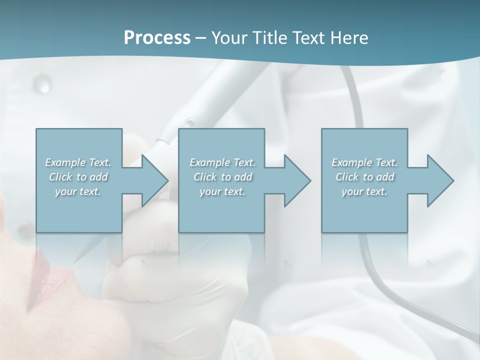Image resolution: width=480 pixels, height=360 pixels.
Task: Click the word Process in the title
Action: pos(157,38)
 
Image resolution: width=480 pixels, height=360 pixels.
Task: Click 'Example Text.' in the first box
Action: pos(78,162)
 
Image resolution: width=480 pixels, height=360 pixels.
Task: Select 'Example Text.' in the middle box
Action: pos(222,162)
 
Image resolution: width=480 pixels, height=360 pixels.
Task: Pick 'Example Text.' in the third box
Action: pos(364,162)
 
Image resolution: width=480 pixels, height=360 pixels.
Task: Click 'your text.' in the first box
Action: pos(78,192)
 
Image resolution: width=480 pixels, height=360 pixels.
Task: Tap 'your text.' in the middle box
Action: pos(222,192)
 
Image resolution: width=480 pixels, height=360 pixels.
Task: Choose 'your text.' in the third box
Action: pos(364,192)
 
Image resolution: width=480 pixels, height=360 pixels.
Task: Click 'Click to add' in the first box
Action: pos(78,177)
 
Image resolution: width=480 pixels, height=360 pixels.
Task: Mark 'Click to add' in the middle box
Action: pos(222,177)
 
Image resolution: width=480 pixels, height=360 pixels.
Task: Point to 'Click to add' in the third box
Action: pos(364,177)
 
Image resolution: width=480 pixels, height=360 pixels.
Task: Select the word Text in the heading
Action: pos(308,38)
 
